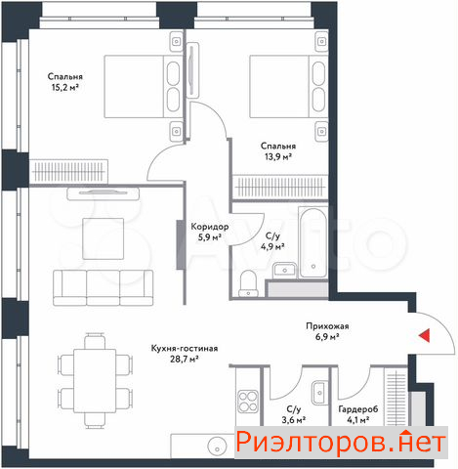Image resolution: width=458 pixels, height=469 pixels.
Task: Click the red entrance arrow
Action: [424, 335]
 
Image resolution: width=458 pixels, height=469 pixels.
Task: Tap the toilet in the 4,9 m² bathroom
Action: [249, 283]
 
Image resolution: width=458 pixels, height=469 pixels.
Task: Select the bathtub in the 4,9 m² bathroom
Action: [312, 242]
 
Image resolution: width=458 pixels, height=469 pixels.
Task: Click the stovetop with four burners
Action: [248, 402]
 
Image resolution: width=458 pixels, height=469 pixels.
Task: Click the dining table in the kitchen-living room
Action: [95, 381]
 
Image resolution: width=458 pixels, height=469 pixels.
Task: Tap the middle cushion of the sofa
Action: [103, 287]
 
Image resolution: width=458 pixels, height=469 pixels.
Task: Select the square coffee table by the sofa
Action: [104, 238]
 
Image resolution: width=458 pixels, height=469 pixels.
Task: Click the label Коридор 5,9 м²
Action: [210, 232]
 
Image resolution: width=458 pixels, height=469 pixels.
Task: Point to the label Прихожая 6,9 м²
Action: [327, 331]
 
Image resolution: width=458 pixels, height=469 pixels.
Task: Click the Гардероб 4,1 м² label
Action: [358, 414]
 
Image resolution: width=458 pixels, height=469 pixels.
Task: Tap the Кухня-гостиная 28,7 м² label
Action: [185, 354]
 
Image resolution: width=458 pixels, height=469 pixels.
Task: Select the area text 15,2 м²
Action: [65, 87]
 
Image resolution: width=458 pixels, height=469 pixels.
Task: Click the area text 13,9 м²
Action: [278, 157]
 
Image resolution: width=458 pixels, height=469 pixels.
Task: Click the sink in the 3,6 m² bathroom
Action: [318, 393]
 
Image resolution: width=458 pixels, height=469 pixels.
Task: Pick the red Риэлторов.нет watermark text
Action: [341, 443]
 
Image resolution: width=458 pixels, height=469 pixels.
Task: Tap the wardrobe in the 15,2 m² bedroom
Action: [68, 171]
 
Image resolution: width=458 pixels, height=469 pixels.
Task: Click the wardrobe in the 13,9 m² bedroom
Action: [280, 187]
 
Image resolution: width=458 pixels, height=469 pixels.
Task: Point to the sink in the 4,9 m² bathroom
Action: [284, 270]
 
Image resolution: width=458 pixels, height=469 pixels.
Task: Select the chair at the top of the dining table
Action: [95, 341]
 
